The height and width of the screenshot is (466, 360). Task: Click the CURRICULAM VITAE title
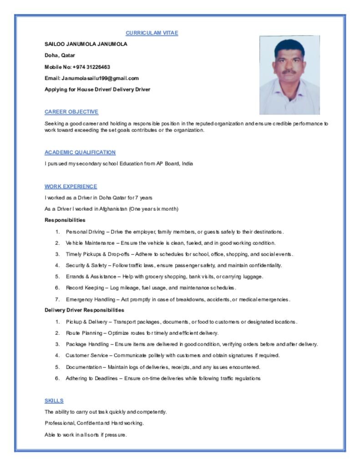point(152,33)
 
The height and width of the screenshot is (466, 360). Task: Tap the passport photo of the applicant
point(289,75)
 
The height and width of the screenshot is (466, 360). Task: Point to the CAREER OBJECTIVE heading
point(71,112)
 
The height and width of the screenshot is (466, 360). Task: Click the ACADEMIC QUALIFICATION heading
point(80,152)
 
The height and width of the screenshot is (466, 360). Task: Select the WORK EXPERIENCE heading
point(71,187)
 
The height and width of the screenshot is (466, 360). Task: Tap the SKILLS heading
point(54,401)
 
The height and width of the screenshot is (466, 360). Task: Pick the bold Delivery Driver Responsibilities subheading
point(84,310)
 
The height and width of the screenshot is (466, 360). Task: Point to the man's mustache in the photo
point(289,71)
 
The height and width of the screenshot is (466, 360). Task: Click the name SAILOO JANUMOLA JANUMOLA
point(86,44)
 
